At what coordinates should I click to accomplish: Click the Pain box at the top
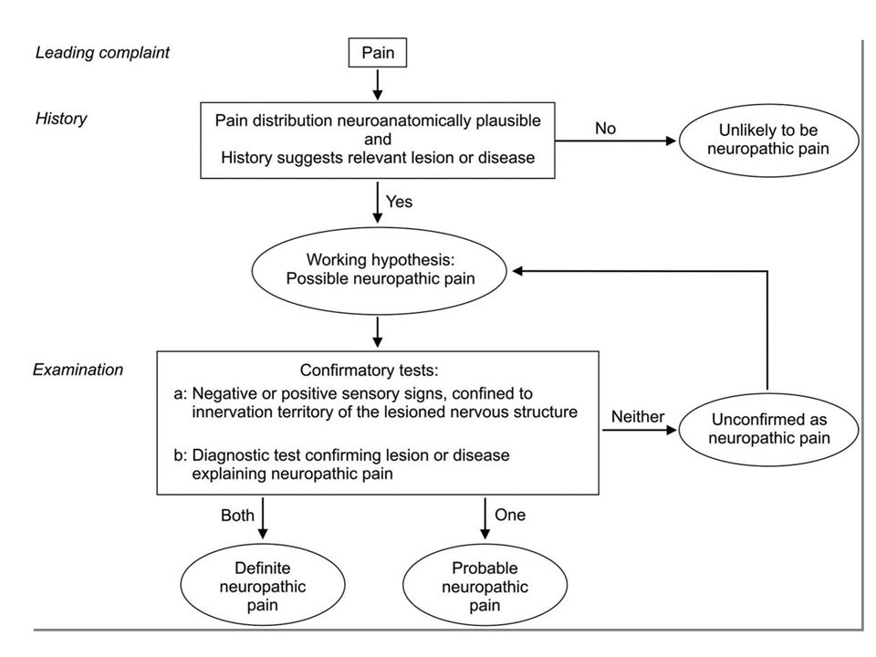click(x=378, y=53)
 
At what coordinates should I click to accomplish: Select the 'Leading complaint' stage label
click(x=102, y=53)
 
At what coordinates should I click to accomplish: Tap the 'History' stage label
click(x=61, y=119)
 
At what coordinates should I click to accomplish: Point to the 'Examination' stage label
click(x=78, y=370)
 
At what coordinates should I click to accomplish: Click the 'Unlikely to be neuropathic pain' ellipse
click(x=768, y=140)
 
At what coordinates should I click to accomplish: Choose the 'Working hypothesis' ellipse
click(x=380, y=270)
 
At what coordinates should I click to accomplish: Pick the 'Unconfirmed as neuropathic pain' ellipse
click(x=768, y=429)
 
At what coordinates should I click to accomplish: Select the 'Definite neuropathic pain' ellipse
click(x=263, y=586)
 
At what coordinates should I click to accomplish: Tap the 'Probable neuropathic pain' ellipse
click(x=485, y=586)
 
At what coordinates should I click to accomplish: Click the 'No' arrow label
click(x=605, y=129)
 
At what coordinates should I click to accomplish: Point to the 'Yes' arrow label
click(x=399, y=201)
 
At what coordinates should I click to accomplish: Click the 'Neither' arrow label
click(x=638, y=416)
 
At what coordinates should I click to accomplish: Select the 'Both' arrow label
click(x=237, y=515)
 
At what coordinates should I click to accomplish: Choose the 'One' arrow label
click(x=510, y=515)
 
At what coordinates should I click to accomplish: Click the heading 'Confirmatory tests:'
click(x=370, y=370)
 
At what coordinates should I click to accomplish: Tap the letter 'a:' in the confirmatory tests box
click(x=181, y=394)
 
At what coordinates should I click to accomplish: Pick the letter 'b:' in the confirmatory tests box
click(x=181, y=455)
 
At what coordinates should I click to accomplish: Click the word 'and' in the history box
click(x=378, y=139)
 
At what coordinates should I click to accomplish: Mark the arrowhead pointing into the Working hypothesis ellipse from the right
click(x=517, y=271)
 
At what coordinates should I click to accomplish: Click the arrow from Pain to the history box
click(x=378, y=84)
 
